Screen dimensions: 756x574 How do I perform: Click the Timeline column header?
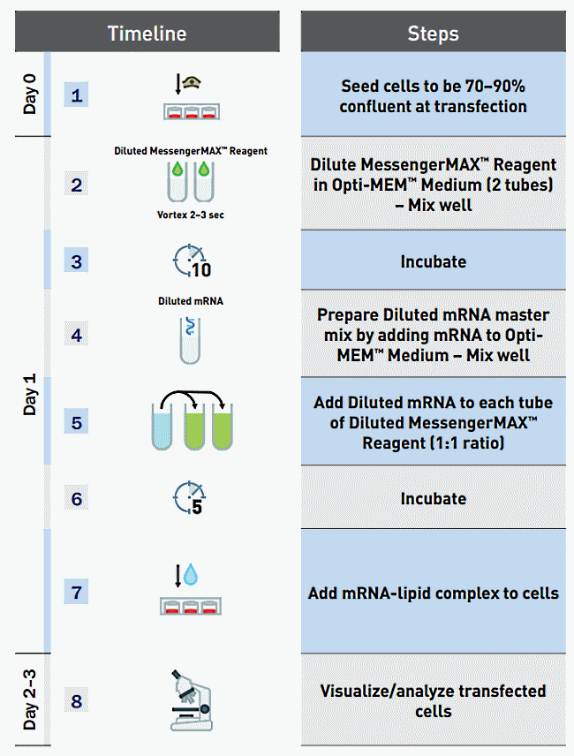pyautogui.click(x=147, y=34)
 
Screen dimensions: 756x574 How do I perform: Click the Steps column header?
pyautogui.click(x=433, y=34)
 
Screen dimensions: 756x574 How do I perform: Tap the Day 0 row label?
pyautogui.click(x=28, y=94)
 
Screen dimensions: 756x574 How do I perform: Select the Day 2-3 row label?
pyautogui.click(x=28, y=700)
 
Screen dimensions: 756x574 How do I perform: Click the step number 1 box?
pyautogui.click(x=77, y=94)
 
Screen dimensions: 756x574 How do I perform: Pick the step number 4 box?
pyautogui.click(x=77, y=334)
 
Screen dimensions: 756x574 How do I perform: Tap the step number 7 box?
pyautogui.click(x=77, y=591)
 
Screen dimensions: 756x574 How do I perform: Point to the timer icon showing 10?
pyautogui.click(x=191, y=261)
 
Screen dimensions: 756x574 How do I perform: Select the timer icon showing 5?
pyautogui.click(x=190, y=498)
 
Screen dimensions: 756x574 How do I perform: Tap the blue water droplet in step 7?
pyautogui.click(x=192, y=577)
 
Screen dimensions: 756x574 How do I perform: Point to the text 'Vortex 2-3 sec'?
pyautogui.click(x=191, y=214)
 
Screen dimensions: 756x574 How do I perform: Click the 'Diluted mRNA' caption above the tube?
pyautogui.click(x=191, y=301)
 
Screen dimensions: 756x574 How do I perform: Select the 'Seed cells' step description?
pyautogui.click(x=433, y=96)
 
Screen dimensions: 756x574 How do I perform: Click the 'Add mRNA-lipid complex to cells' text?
pyautogui.click(x=433, y=593)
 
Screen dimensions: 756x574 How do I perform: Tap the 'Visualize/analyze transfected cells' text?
pyautogui.click(x=433, y=700)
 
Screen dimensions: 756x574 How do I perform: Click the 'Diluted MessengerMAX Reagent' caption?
pyautogui.click(x=191, y=150)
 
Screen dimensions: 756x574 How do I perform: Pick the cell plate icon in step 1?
pyautogui.click(x=191, y=112)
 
